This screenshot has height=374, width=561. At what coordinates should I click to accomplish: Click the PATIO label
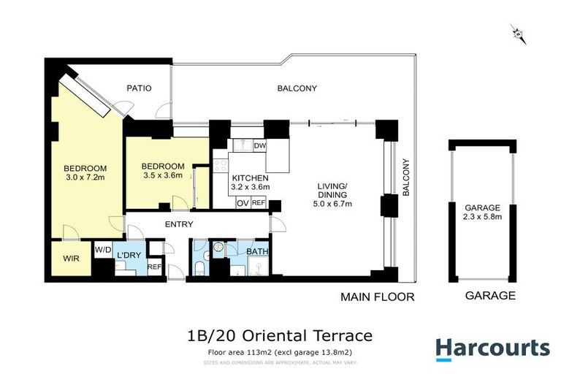tap(139, 88)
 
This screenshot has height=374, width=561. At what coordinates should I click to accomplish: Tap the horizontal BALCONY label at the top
tap(297, 88)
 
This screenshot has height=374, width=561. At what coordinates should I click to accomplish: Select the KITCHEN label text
tap(250, 178)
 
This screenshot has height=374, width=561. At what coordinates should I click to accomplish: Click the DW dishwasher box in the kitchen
tap(259, 146)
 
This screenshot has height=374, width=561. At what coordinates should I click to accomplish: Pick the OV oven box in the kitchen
tap(242, 203)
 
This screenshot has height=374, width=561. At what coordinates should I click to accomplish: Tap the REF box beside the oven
tap(259, 203)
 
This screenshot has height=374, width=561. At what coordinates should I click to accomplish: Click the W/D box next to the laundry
tap(103, 250)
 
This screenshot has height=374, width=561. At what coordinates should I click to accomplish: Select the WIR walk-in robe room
tap(69, 259)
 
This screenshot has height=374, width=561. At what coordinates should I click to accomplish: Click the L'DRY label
tap(129, 254)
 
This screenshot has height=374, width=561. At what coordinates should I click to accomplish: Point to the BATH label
tap(257, 252)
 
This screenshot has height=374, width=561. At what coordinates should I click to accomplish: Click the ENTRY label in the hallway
tap(179, 224)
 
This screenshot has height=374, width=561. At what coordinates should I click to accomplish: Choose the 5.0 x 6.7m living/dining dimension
tap(334, 204)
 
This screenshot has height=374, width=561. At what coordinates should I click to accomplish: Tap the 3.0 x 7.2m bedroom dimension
tap(85, 177)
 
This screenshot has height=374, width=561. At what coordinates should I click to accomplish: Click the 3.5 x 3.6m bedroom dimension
tap(163, 175)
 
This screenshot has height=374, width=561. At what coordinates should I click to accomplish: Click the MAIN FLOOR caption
tap(377, 297)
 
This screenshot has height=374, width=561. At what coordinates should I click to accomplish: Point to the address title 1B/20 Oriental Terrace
tap(280, 336)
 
